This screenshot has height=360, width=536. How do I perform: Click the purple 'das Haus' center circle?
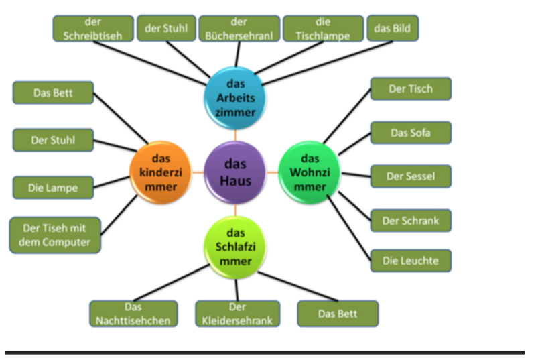point(235,172)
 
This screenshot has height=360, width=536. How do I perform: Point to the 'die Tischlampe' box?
point(322,29)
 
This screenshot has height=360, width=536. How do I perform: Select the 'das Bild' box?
point(393,29)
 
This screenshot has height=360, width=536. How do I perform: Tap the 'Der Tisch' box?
point(410,88)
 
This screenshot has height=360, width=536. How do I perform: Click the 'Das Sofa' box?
point(410,133)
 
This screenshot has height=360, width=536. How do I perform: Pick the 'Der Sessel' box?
point(410,176)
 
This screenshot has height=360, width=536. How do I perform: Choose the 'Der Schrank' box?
point(410,221)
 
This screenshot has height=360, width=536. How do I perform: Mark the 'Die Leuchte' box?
point(410,260)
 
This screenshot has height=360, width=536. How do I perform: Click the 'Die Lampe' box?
point(53,188)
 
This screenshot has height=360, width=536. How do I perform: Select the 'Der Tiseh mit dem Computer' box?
point(56,235)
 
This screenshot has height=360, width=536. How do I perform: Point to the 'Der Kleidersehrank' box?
point(237,314)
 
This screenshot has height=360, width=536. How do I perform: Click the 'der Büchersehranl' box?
point(239,29)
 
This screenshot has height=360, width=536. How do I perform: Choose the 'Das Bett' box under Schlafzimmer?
point(338,314)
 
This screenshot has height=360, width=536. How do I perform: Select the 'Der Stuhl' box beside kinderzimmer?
point(53,140)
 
